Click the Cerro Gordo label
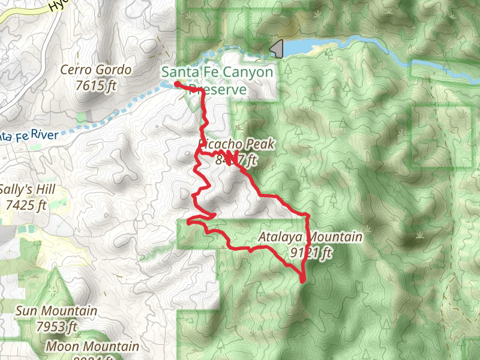96,70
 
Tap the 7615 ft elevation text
96,85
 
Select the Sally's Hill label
28,190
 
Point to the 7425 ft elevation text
26,205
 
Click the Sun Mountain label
56,311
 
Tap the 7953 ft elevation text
56,327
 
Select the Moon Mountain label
92,347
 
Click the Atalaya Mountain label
310,237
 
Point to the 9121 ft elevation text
310,253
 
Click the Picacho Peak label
236,145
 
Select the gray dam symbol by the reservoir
277,49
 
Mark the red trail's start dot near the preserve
178,85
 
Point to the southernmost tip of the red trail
302,280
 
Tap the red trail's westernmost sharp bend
188,222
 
